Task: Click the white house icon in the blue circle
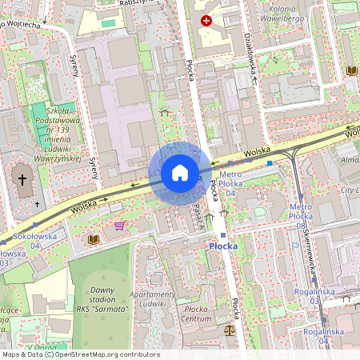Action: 180,173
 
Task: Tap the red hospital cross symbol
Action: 207,20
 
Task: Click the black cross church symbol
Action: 23,180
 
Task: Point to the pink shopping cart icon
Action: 119,226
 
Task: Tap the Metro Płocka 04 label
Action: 231,183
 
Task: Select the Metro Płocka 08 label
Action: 300,216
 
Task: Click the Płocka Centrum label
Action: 196,313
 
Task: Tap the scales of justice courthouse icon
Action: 230,328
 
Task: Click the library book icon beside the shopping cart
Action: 94,238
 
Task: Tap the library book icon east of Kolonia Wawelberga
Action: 351,70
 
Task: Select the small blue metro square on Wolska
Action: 270,162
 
